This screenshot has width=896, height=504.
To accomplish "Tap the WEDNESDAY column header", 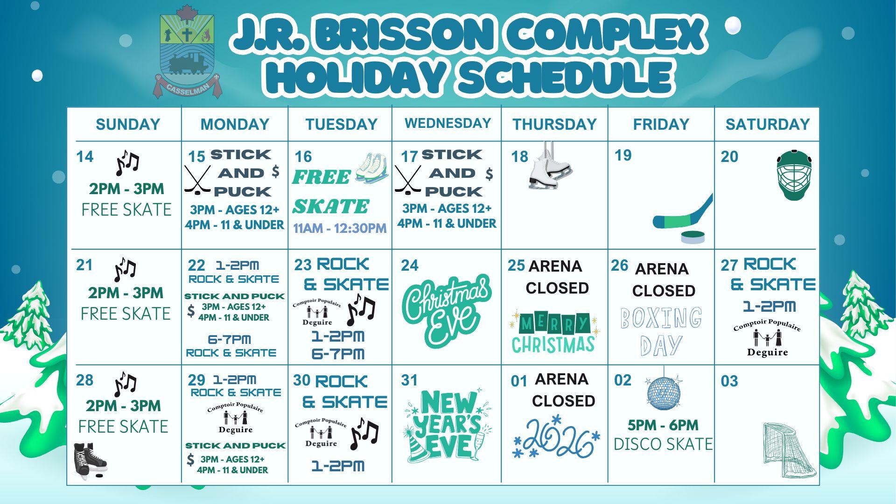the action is point(448,123).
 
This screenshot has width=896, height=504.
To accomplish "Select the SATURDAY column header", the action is point(767,124).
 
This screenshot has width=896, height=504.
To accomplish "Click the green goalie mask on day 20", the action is point(794,175).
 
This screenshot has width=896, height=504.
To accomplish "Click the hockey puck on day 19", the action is point(692,237).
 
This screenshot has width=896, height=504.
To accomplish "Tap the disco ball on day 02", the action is point(664,391).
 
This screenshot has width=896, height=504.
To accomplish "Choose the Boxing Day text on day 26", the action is point(661,331).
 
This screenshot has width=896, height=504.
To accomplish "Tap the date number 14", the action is point(85,157).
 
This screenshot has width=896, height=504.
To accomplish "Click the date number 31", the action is point(409,380).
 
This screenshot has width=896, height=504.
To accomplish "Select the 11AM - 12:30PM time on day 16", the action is point(340,228).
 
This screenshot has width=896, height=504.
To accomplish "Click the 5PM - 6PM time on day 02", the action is point(663,425).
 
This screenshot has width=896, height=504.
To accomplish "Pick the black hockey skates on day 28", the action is point(90,461).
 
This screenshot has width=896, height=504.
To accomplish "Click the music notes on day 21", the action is point(125,270).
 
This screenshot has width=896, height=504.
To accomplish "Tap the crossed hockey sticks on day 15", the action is point(197,180).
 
